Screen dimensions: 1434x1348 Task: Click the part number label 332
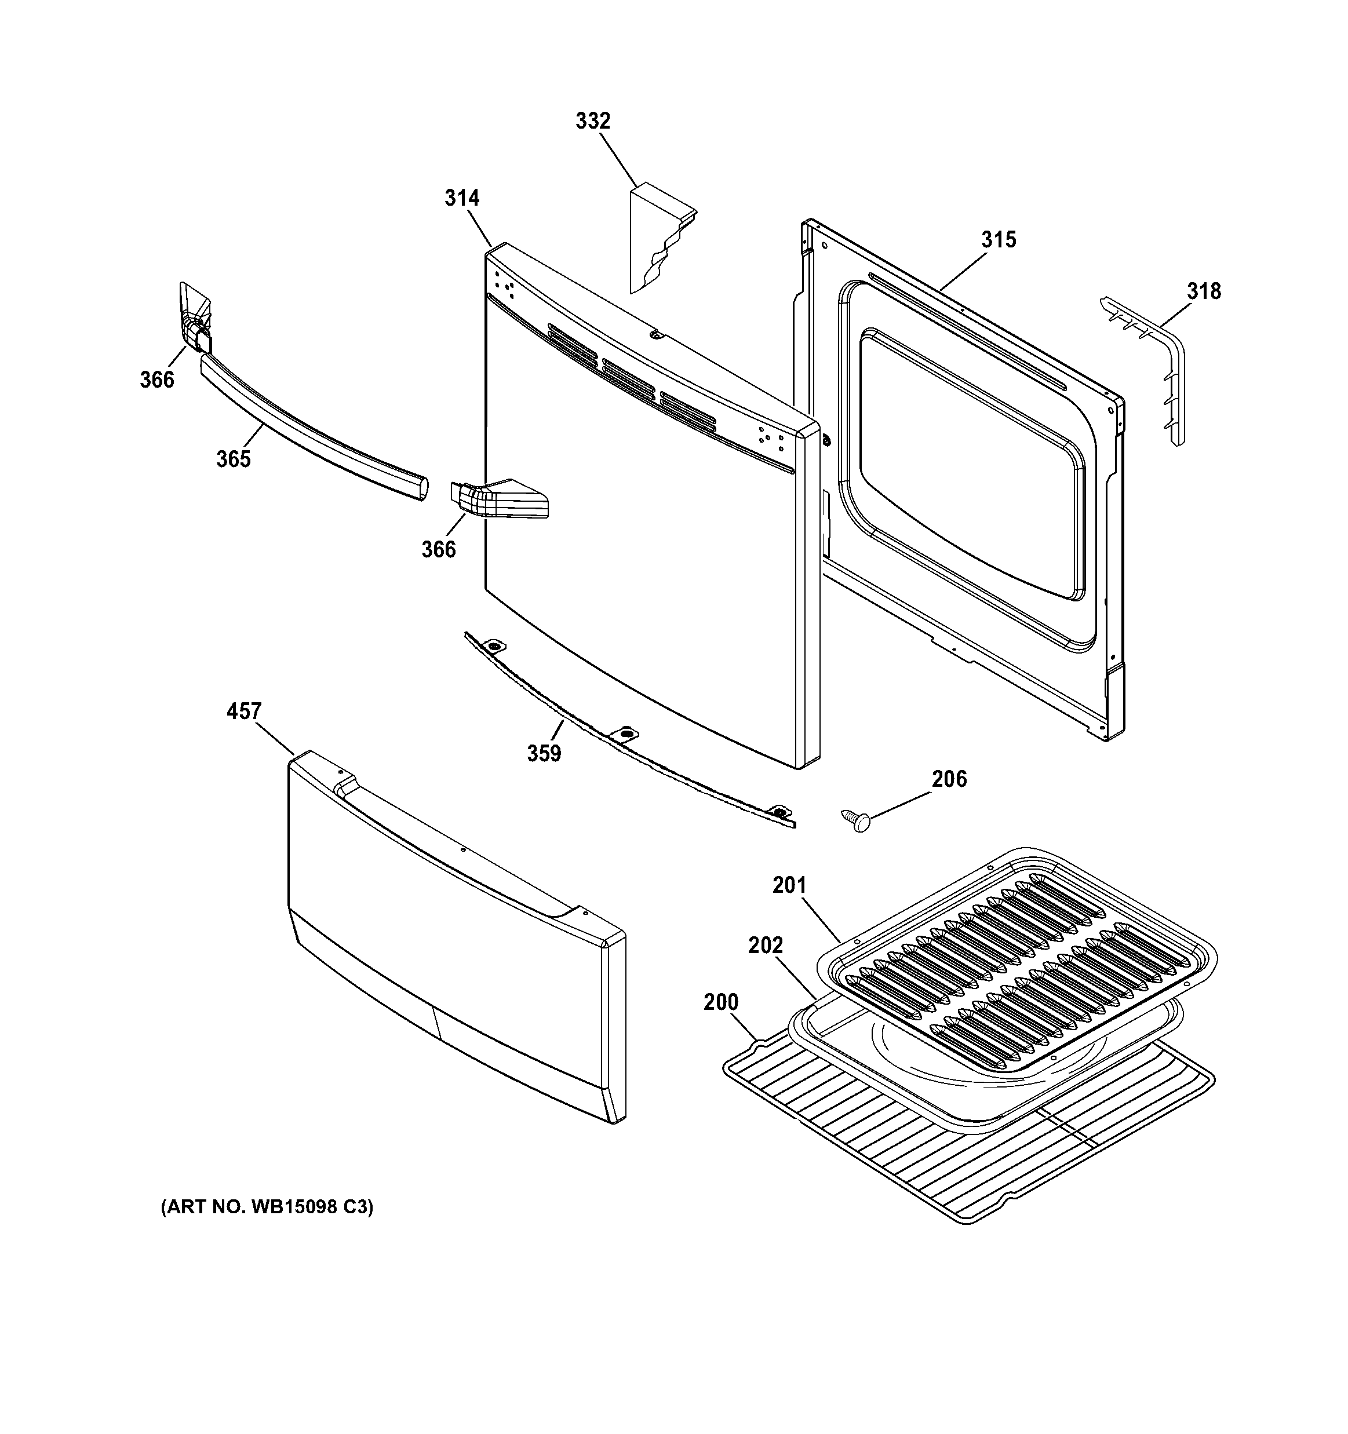point(592,121)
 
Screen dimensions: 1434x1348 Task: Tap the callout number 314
point(462,198)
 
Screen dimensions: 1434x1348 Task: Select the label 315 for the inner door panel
point(998,239)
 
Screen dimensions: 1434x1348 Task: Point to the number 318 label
point(1204,291)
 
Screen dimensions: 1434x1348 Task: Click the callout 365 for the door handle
point(233,459)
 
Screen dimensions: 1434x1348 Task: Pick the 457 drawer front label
point(243,711)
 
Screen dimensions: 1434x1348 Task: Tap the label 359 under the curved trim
point(544,753)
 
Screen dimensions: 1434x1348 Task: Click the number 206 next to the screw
point(949,779)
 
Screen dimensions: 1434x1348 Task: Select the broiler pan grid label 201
point(789,885)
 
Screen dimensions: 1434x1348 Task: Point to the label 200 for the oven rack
point(721,1002)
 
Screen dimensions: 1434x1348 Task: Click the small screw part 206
point(856,821)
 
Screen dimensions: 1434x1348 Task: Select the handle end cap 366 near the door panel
point(498,499)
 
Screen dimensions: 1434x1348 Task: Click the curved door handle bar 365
point(310,426)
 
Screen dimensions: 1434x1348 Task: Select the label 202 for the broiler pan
point(765,945)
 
